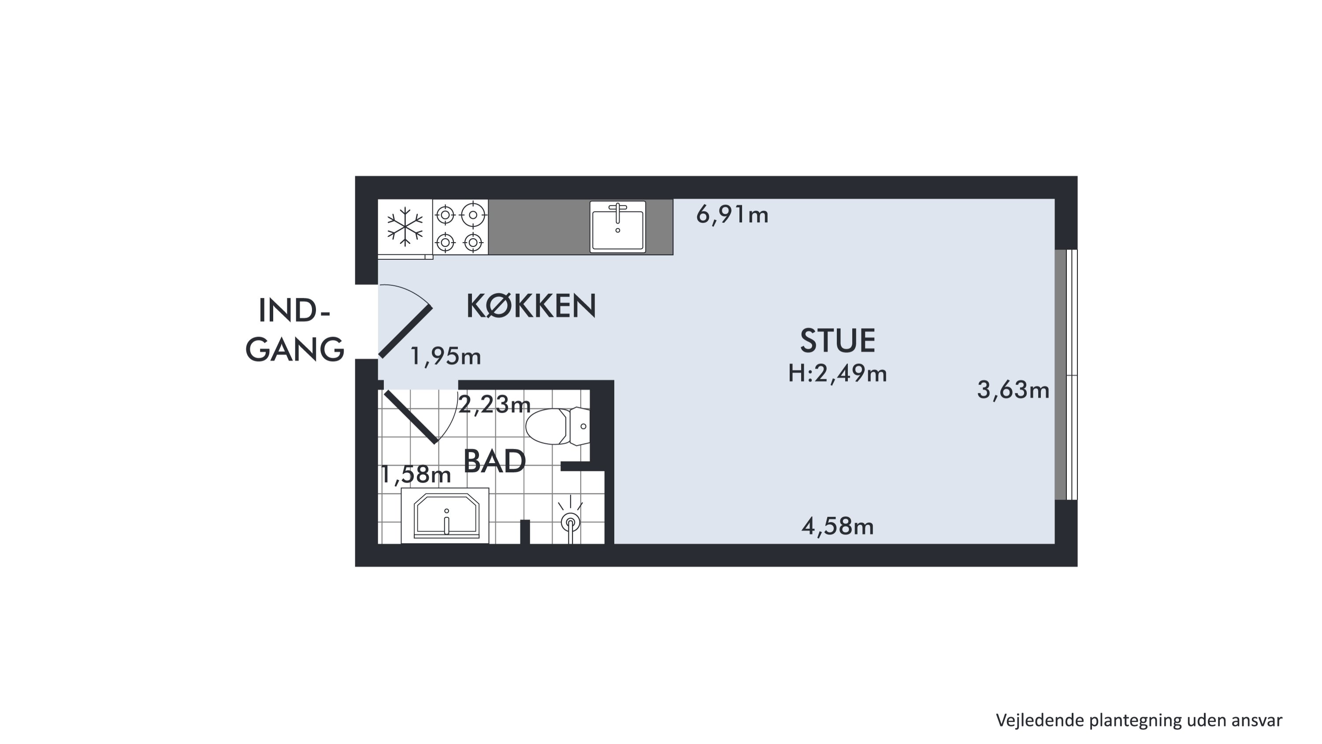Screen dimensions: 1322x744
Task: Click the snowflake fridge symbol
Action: [x=405, y=226]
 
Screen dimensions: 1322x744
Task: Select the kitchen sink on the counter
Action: [x=617, y=226]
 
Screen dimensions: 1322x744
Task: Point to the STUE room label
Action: [x=838, y=340]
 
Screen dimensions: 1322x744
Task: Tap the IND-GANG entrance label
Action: [x=294, y=330]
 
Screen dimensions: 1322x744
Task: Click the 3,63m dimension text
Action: [x=1013, y=390]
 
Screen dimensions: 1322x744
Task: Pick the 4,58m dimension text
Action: [x=838, y=526]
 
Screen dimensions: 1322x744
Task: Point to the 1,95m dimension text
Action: [x=446, y=356]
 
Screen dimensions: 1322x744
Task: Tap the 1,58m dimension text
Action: [x=416, y=475]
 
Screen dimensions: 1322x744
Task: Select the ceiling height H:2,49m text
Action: [x=838, y=373]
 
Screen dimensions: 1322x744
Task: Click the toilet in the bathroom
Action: [x=557, y=426]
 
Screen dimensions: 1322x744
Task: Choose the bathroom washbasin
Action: [x=445, y=515]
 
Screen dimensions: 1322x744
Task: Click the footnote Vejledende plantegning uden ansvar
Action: [x=1139, y=720]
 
